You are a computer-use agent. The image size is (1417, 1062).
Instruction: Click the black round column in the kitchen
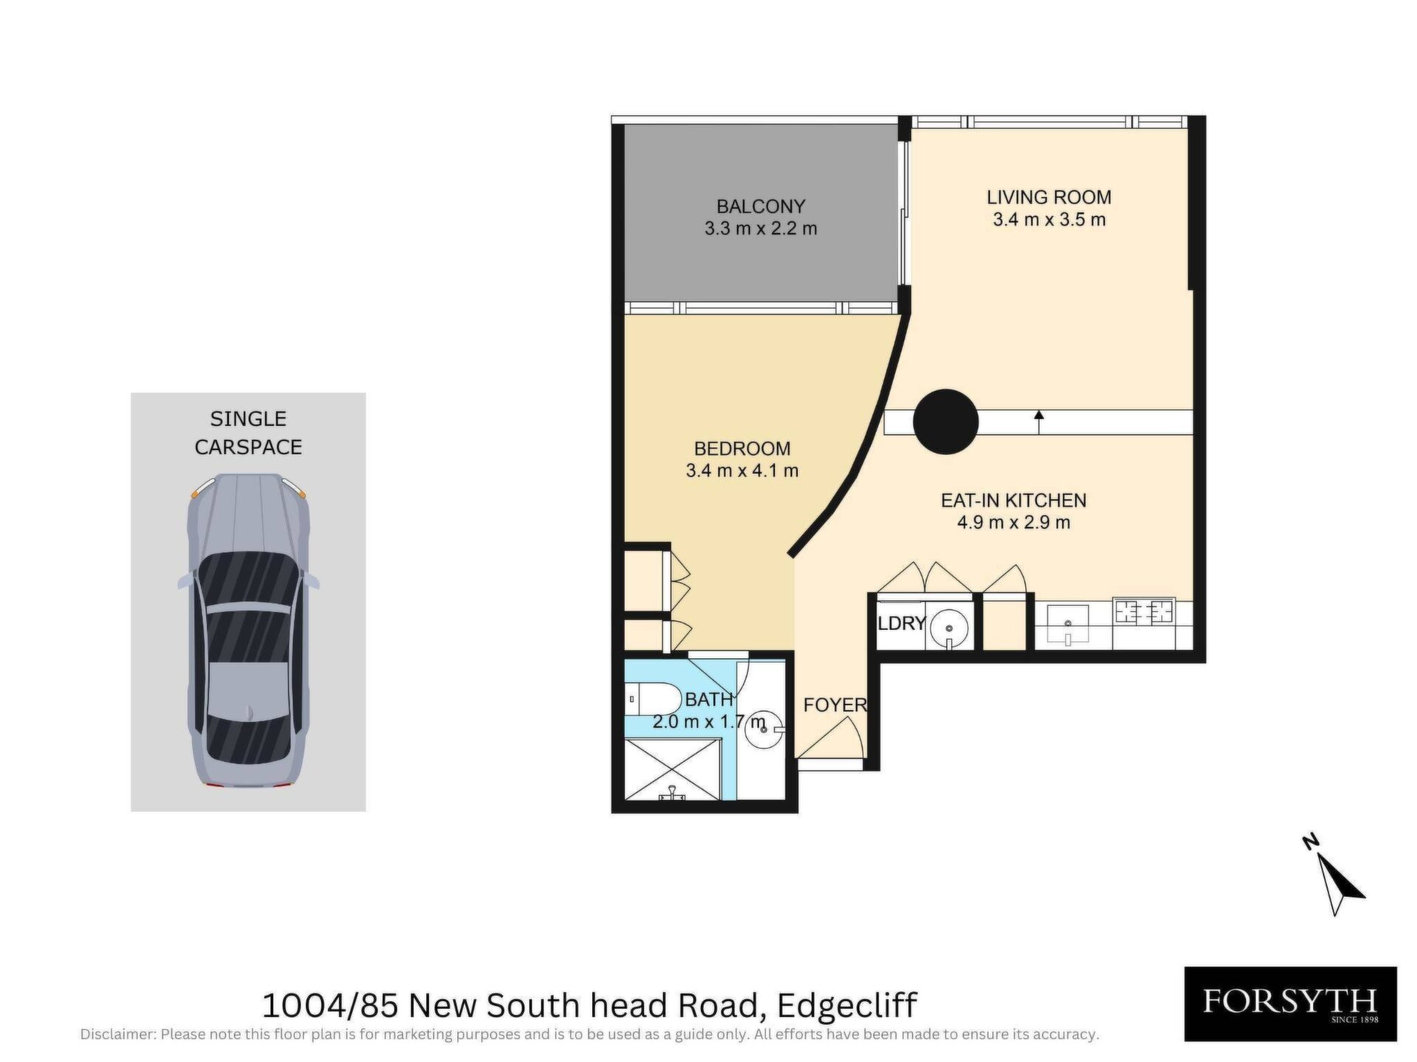(945, 421)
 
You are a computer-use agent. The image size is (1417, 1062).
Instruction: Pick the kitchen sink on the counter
(1067, 624)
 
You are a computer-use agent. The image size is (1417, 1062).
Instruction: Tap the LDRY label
(901, 623)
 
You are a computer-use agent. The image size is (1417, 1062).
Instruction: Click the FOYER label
(835, 705)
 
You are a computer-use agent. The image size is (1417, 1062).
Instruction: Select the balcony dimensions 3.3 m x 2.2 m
(760, 229)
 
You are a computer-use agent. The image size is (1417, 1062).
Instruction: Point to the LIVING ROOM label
(1049, 197)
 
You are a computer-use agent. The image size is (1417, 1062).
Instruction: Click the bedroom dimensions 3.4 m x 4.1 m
(742, 471)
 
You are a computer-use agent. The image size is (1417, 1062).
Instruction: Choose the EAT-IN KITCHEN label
(1013, 500)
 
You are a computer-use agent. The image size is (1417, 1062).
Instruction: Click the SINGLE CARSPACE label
(248, 433)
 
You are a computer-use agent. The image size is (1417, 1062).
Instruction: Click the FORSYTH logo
(1290, 1004)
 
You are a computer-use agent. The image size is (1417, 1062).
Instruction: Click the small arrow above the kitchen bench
(1039, 423)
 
